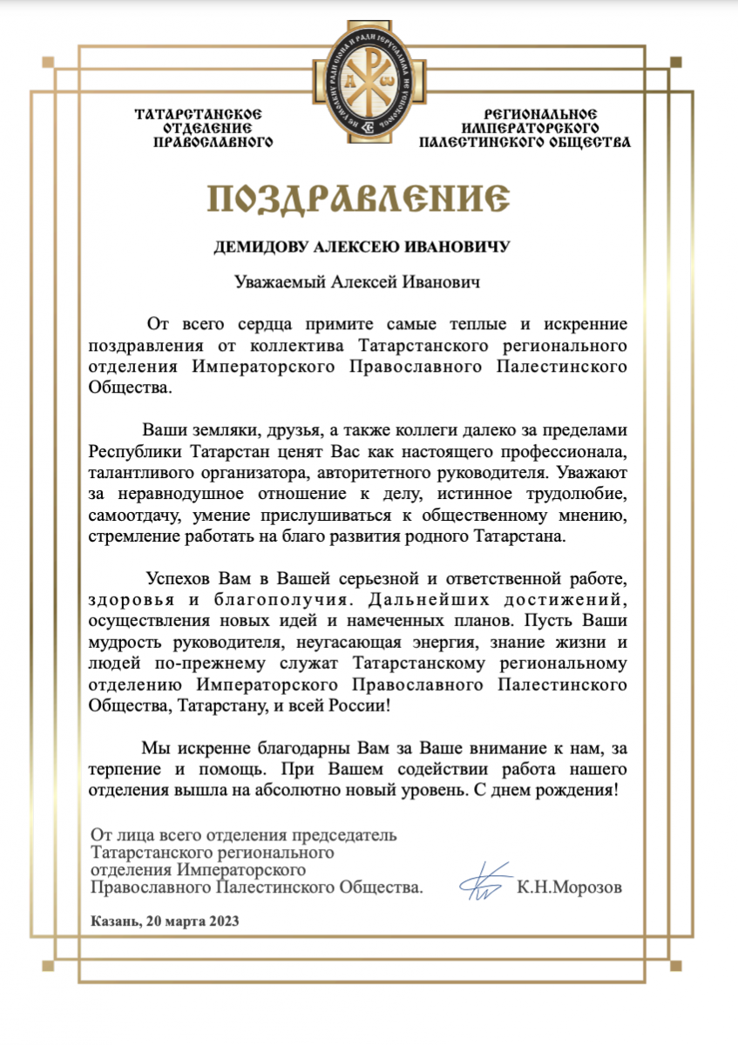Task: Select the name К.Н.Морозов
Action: click(x=569, y=888)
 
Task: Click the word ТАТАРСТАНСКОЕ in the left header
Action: click(x=199, y=114)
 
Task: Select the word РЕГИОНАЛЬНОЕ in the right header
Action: click(x=541, y=114)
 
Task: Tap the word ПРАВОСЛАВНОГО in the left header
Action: click(x=213, y=142)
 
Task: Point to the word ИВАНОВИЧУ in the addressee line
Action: click(x=464, y=247)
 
